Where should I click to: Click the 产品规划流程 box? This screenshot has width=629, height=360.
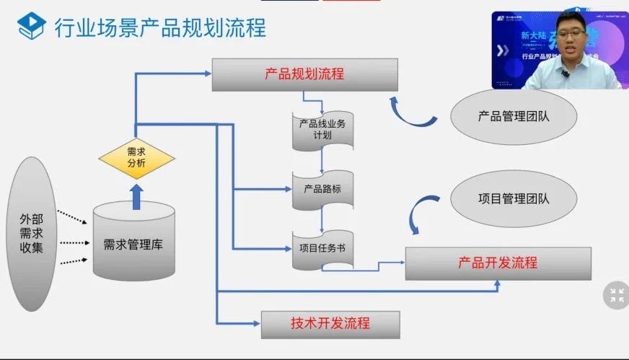click(304, 74)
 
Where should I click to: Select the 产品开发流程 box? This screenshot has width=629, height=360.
click(498, 263)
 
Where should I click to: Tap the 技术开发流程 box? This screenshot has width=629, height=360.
click(330, 324)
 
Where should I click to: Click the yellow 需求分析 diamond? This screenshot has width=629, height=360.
click(136, 157)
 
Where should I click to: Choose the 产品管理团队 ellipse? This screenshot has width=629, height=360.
click(513, 115)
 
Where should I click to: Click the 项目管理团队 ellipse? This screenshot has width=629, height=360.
click(513, 198)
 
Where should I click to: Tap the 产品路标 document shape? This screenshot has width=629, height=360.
click(322, 189)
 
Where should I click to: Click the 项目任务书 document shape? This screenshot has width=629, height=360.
click(322, 249)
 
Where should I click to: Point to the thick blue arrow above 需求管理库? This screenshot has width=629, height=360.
click(136, 193)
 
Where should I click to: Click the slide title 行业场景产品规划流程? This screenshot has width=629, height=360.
click(160, 27)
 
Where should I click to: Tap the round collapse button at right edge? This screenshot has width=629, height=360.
click(616, 294)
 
